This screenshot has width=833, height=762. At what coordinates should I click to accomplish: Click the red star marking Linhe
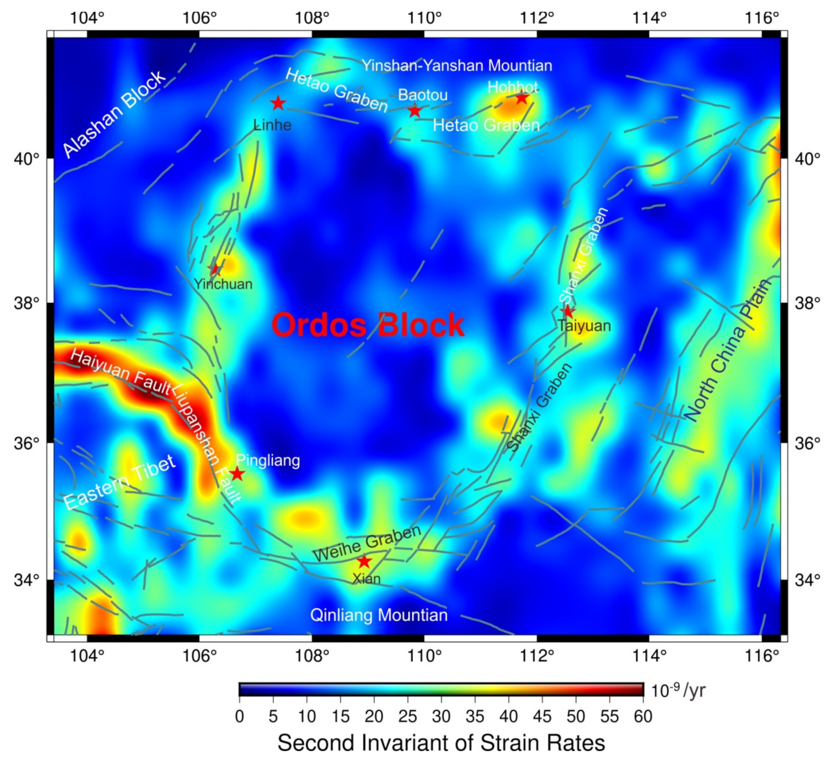coord(278,103)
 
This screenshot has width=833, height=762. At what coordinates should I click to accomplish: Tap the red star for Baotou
coord(415,111)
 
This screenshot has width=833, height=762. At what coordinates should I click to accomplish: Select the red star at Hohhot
coord(522,98)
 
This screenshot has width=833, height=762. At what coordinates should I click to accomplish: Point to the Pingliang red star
coord(238,474)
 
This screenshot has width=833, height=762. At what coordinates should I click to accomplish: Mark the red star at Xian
coord(364,562)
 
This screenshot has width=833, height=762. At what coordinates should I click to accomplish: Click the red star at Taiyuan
coord(568,311)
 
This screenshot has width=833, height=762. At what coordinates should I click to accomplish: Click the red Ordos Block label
coord(368,325)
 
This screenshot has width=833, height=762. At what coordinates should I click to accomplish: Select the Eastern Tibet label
coord(119,482)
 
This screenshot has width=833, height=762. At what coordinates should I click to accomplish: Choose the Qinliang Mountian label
coord(379,615)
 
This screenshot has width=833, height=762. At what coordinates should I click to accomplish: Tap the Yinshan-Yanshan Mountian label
coord(456,65)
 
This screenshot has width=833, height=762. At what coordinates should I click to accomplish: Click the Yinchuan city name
coord(223,284)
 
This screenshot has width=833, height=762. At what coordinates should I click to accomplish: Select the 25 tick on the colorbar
coord(408,716)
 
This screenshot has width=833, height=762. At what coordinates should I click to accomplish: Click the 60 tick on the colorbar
coord(643,716)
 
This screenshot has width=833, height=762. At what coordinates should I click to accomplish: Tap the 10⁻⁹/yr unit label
coord(678,690)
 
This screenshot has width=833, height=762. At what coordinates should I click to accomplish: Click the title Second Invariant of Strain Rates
coord(441,743)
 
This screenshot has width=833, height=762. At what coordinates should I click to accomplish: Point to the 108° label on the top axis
coord(312,18)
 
